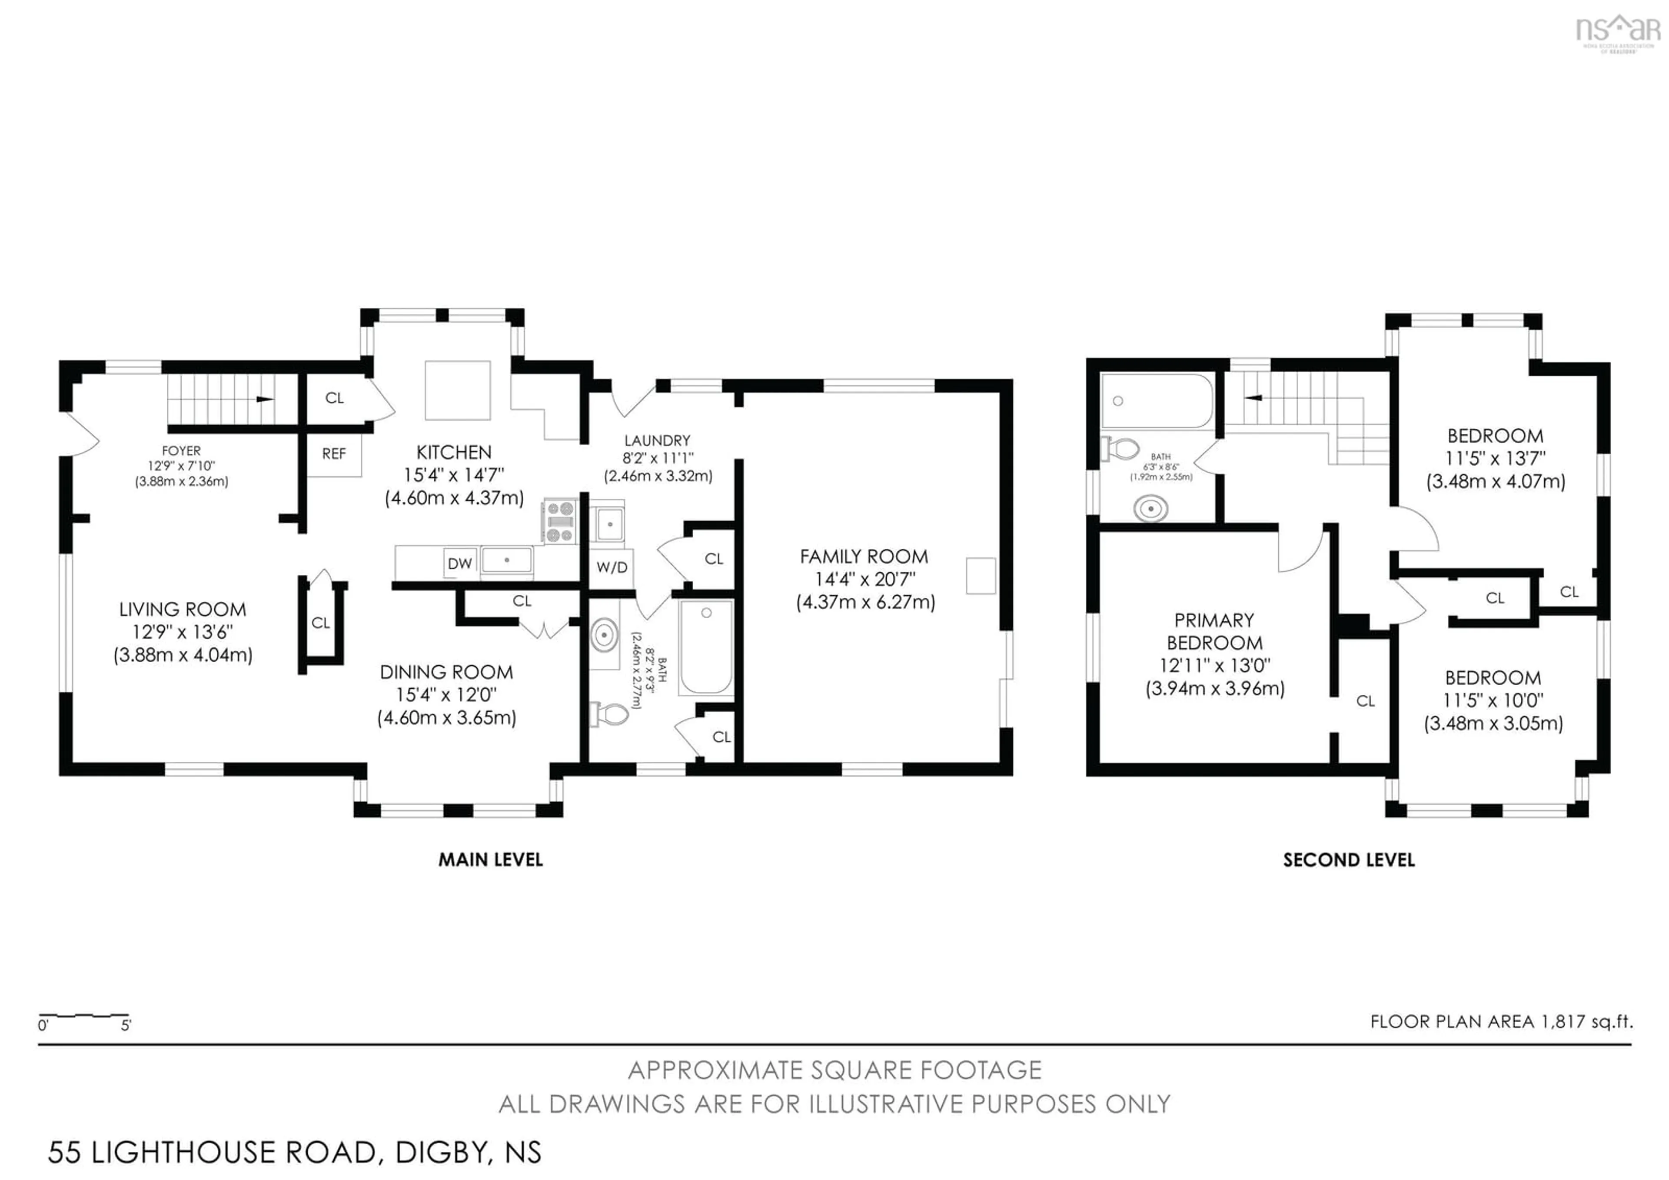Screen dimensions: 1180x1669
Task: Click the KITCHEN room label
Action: pyautogui.click(x=454, y=452)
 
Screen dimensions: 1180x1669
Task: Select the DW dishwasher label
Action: pyautogui.click(x=459, y=563)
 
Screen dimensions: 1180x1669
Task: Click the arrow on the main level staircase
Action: pyautogui.click(x=265, y=399)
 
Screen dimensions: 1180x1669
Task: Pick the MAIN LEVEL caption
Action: pyautogui.click(x=491, y=860)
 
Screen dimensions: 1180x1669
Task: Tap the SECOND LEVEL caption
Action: pyautogui.click(x=1348, y=860)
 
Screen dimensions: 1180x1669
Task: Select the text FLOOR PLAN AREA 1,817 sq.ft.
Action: pyautogui.click(x=1501, y=1021)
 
